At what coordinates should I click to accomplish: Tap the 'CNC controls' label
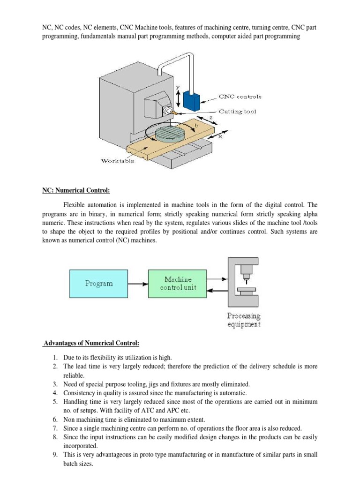pyautogui.click(x=240, y=97)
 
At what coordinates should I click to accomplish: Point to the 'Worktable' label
pyautogui.click(x=118, y=161)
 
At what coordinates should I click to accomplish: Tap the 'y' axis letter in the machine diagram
pyautogui.click(x=177, y=88)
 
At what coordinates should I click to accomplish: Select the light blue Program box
pyautogui.click(x=98, y=283)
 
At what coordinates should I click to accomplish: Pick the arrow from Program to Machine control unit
pyautogui.click(x=138, y=283)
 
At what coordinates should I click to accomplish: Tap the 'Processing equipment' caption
pyautogui.click(x=244, y=320)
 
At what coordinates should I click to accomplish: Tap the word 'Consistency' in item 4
pyautogui.click(x=79, y=393)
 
